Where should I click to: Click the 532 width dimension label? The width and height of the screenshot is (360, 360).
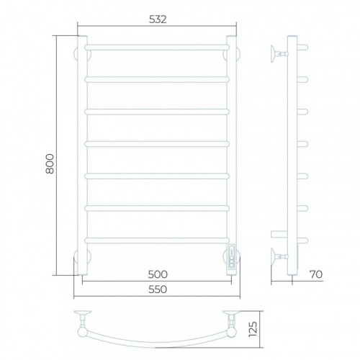point(158,19)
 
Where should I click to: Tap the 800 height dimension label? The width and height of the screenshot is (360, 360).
point(50,163)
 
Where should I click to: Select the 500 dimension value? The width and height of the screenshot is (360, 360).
point(158,274)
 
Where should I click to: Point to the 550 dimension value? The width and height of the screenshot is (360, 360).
point(158,289)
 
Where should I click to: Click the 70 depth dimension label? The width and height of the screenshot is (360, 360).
point(316,274)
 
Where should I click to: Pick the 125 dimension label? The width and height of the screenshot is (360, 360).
point(253,329)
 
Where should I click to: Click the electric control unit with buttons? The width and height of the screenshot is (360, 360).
point(232,256)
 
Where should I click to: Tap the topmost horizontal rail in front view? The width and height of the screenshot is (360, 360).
point(157,48)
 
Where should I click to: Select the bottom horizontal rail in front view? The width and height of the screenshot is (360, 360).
point(157,240)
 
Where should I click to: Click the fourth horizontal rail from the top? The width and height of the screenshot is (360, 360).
point(157,144)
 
